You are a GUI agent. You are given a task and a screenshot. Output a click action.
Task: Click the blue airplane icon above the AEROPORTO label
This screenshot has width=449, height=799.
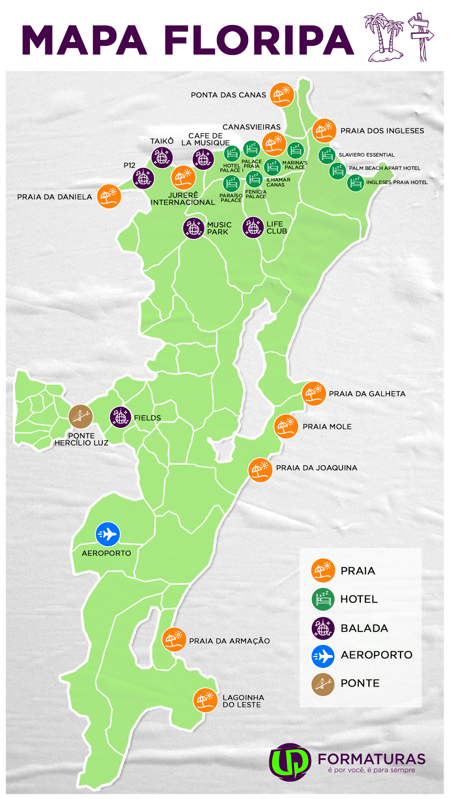click(108, 534)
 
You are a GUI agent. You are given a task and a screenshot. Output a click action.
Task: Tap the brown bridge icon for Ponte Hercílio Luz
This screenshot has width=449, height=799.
click(80, 416)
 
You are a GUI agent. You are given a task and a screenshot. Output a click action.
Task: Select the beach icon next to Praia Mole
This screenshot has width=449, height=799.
click(286, 426)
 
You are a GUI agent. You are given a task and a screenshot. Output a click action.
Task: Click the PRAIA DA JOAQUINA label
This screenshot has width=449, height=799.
click(316, 468)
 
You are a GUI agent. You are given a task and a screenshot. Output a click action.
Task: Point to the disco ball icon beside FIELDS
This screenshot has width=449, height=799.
click(121, 417)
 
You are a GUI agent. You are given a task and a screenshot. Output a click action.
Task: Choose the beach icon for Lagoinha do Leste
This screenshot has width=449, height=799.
click(205, 700)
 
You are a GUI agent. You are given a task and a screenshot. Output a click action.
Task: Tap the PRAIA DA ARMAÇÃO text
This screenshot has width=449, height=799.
click(229, 641)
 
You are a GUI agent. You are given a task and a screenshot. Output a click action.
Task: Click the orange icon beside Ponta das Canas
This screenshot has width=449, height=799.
click(282, 94)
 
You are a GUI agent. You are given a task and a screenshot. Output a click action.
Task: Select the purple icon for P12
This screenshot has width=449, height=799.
click(143, 179)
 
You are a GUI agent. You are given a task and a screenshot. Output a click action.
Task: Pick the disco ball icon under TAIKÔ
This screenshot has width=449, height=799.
click(162, 157)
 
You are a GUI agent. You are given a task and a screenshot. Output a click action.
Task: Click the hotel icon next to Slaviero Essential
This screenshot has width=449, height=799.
click(327, 155)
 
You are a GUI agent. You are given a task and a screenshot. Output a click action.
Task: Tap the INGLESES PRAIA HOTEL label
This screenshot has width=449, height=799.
click(397, 182)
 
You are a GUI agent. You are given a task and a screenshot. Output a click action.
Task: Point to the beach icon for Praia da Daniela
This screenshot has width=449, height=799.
click(109, 196)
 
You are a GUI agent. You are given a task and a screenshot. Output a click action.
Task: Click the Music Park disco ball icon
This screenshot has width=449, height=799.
click(194, 228)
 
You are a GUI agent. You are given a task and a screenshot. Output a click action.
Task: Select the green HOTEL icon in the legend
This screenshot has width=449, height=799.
click(323, 599)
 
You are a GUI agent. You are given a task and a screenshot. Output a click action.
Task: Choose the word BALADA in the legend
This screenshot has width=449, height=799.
click(364, 628)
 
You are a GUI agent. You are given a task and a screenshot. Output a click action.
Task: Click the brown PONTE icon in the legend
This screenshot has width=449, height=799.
click(323, 684)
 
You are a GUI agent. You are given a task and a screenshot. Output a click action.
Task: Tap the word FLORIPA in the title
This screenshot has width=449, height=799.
click(259, 40)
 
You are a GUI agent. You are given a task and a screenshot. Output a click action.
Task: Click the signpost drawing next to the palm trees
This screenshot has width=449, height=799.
click(421, 37)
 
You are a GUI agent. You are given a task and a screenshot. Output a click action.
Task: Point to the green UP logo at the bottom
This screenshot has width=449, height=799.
click(290, 762)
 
